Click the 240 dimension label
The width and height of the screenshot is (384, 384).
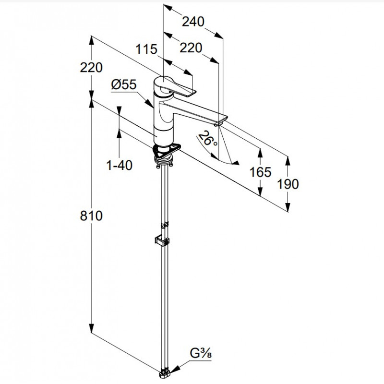click(x=193, y=22)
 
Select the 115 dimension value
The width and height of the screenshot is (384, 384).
click(x=146, y=49)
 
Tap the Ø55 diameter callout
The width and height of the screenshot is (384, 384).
click(x=124, y=84)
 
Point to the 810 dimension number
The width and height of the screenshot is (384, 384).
click(x=91, y=216)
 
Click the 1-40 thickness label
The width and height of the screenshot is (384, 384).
click(x=119, y=165)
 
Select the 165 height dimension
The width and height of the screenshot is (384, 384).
click(x=260, y=172)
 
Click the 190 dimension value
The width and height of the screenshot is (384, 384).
click(x=288, y=184)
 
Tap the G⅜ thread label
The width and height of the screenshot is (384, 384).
click(x=201, y=353)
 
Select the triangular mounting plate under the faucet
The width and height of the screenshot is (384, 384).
click(x=167, y=151)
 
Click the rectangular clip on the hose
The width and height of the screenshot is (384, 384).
click(x=162, y=240)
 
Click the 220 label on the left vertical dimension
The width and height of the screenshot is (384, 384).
click(x=91, y=67)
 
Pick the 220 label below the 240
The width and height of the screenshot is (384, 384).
click(x=191, y=48)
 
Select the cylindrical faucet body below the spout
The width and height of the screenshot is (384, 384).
click(x=163, y=135)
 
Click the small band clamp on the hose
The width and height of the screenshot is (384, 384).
click(x=164, y=225)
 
